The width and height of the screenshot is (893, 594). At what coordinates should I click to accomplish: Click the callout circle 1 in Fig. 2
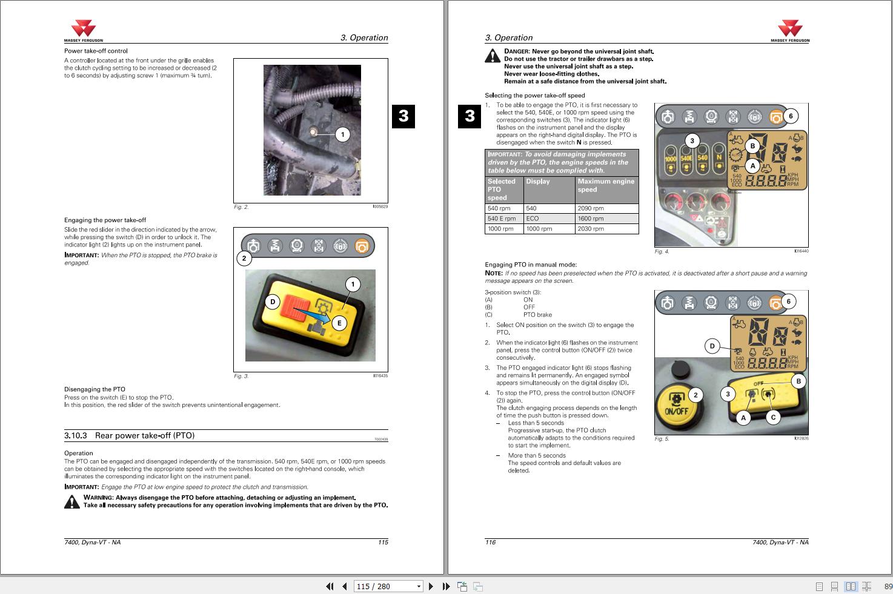(x=343, y=134)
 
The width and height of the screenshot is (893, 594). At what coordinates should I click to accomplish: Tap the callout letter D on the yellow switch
(x=273, y=302)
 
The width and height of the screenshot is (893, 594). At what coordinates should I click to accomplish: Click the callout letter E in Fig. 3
(x=339, y=323)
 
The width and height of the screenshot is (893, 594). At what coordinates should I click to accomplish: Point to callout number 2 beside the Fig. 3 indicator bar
(x=244, y=259)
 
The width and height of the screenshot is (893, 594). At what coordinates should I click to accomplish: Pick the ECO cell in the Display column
(x=548, y=219)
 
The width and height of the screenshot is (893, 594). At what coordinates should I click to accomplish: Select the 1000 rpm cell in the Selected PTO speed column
(x=503, y=229)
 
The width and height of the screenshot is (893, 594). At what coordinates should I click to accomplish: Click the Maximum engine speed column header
(x=606, y=185)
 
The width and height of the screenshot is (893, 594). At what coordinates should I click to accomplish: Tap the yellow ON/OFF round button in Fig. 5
(x=676, y=402)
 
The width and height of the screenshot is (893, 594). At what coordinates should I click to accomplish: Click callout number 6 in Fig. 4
(x=791, y=116)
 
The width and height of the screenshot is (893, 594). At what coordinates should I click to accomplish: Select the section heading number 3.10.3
(x=76, y=435)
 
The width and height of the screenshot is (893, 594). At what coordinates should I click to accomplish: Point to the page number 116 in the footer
(x=490, y=543)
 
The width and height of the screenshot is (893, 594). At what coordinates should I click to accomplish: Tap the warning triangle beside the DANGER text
(x=493, y=56)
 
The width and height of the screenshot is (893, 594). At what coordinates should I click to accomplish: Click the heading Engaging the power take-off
(x=105, y=220)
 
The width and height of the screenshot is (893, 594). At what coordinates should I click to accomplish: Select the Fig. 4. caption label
(x=662, y=251)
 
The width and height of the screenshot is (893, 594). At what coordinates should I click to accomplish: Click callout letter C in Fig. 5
(x=773, y=417)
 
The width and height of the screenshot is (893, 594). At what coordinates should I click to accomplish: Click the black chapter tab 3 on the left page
(x=403, y=116)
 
